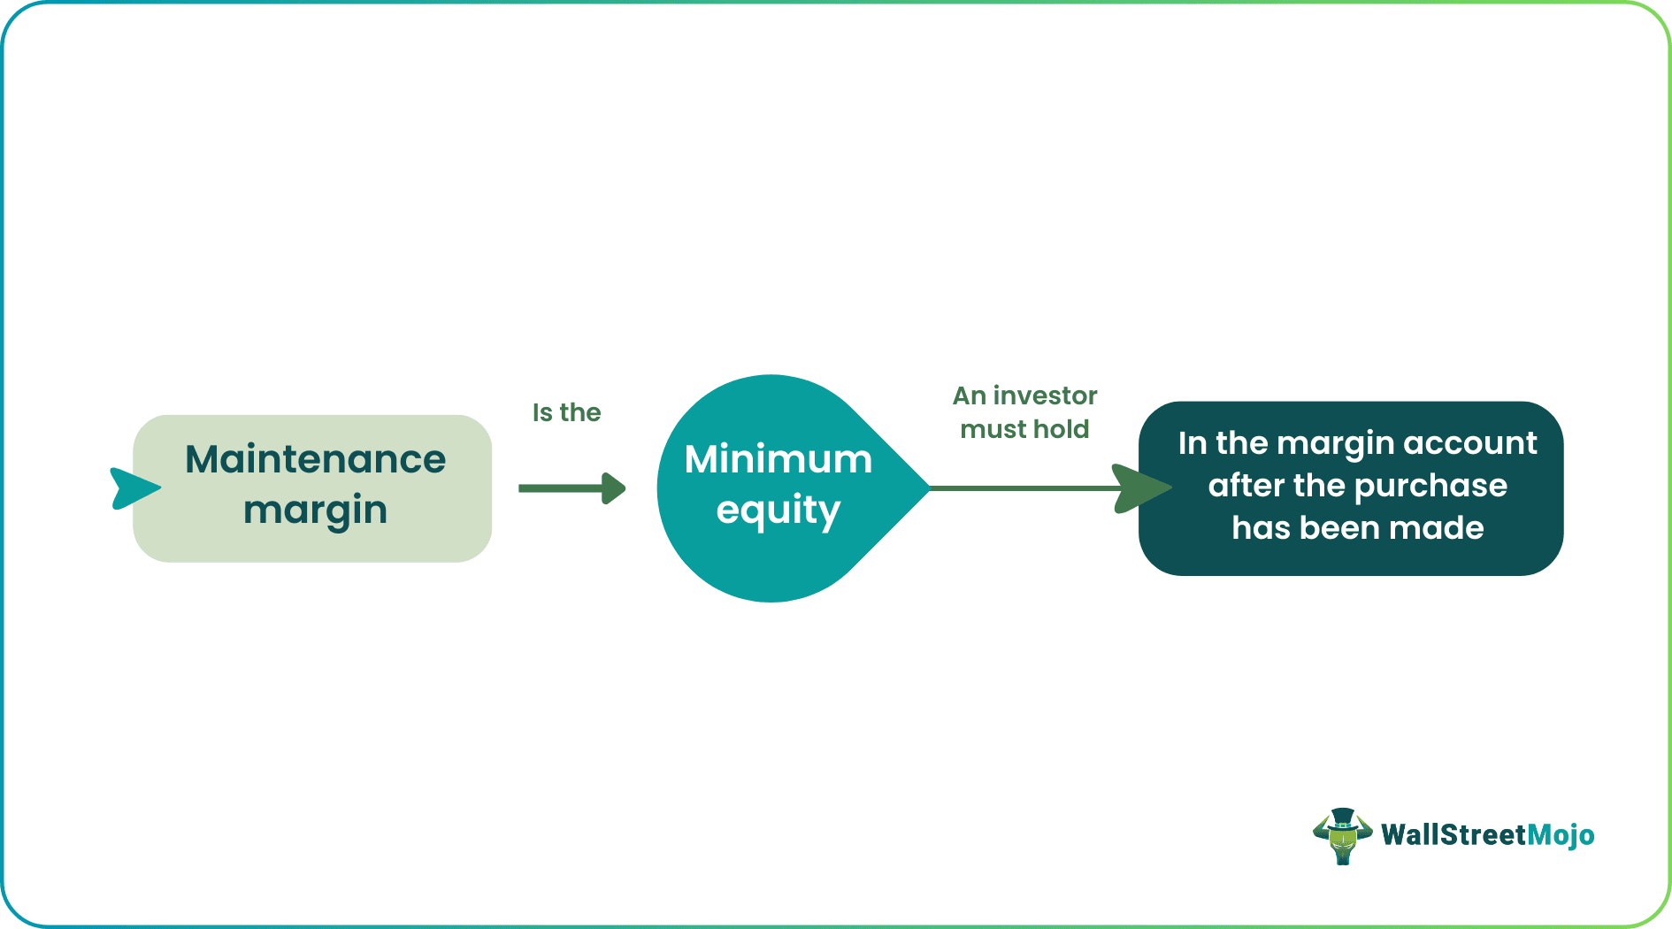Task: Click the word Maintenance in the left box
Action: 315,459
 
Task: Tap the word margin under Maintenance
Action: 315,511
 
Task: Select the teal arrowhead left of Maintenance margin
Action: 133,488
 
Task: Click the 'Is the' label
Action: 566,412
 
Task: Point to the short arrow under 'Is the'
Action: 571,488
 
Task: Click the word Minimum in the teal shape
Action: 778,459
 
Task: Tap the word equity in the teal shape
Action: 778,511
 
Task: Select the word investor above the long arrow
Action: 1045,395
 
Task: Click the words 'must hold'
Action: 1024,429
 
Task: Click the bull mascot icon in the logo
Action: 1342,837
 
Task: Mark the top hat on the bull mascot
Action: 1343,816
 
